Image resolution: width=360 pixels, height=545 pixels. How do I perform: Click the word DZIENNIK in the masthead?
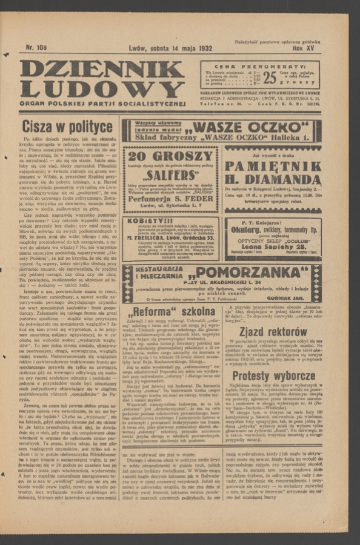101,70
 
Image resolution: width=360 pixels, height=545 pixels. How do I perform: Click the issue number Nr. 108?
36,47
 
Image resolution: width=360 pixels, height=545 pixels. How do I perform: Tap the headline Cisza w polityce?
67,127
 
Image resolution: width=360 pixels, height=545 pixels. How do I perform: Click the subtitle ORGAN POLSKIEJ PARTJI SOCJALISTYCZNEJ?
101,104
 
